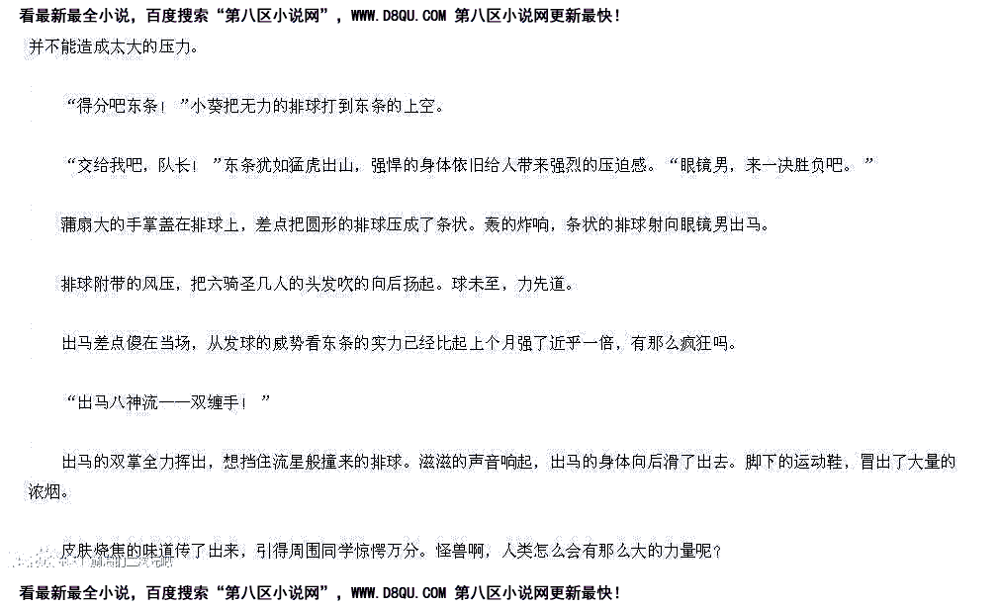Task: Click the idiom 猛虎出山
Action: [317, 165]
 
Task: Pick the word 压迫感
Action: [623, 165]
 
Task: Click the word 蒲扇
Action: [79, 224]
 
